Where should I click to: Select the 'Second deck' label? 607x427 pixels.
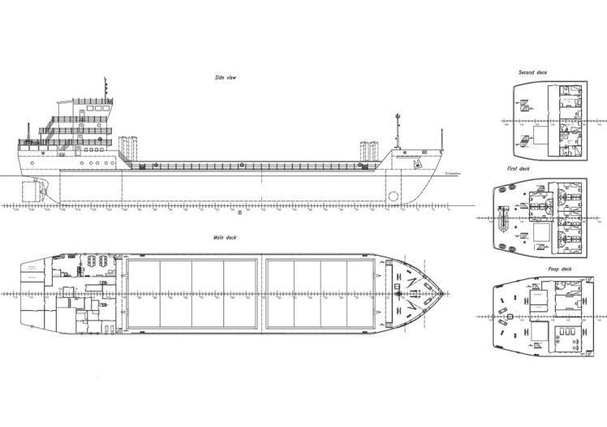(x=532, y=73)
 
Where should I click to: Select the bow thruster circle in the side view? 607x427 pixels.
(x=394, y=196)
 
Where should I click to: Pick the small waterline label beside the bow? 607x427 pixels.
(x=453, y=172)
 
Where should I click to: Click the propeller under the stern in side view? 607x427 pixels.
(x=45, y=192)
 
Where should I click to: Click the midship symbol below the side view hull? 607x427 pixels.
(x=239, y=213)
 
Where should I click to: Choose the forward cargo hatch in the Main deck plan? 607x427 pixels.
(x=321, y=292)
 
